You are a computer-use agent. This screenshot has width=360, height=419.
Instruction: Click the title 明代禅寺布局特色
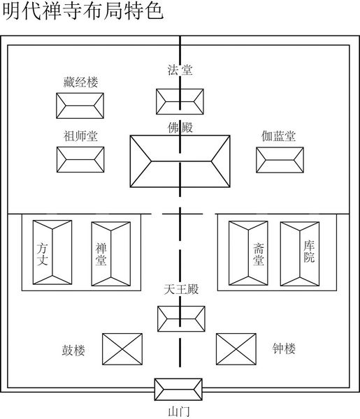point(82,11)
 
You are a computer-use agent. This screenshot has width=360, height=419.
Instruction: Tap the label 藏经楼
point(80,82)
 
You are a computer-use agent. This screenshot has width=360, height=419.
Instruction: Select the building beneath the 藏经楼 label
point(80,105)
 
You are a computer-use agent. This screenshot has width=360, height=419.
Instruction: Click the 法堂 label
point(180,70)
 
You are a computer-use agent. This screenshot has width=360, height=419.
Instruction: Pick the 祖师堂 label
point(80,135)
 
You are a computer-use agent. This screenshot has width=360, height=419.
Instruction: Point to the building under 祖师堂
point(80,159)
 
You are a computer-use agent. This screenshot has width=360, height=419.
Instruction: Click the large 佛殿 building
point(180,161)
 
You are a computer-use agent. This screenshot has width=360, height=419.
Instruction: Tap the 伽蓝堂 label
point(278,135)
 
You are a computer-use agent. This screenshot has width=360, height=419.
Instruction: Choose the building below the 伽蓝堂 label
point(280,160)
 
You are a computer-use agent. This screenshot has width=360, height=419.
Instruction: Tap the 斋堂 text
point(259,254)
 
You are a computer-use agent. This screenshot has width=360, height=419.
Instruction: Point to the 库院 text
point(309,251)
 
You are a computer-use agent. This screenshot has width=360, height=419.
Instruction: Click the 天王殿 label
point(181,289)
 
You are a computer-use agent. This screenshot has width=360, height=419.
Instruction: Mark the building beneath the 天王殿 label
point(181,319)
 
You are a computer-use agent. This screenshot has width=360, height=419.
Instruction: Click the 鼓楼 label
point(73,350)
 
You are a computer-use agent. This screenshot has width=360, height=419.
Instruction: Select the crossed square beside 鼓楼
point(122,349)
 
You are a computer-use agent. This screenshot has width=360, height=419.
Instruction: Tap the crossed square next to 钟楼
point(236,349)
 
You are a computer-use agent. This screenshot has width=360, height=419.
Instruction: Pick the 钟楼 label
point(284,348)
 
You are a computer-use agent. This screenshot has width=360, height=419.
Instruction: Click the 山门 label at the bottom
point(179,412)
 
